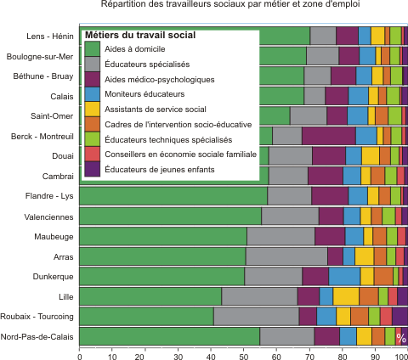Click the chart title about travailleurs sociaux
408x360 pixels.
tap(230, 4)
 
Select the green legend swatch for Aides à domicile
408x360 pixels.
tap(93, 48)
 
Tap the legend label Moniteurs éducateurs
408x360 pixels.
tap(144, 94)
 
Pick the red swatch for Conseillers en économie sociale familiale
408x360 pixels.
tap(93, 154)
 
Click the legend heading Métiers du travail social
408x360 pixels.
tap(140, 35)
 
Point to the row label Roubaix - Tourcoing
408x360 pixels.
tap(37, 316)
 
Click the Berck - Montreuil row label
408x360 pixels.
tap(42, 137)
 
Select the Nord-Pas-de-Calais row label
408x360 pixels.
tap(37, 337)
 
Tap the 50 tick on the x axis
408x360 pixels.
tap(244, 357)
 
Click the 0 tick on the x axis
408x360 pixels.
tap(80, 357)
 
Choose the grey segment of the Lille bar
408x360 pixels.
tap(259, 296)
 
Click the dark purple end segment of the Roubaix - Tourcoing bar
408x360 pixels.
tap(399, 316)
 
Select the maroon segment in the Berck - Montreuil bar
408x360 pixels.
tap(329, 136)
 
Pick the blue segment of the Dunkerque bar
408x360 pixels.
tap(344, 276)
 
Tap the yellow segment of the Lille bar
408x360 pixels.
tap(346, 296)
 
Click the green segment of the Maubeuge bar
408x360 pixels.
tap(163, 236)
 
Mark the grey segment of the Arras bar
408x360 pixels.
tap(286, 256)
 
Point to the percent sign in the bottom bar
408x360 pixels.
tap(401, 338)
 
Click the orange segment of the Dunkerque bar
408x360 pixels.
tap(383, 276)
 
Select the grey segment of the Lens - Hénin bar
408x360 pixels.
tap(323, 36)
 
